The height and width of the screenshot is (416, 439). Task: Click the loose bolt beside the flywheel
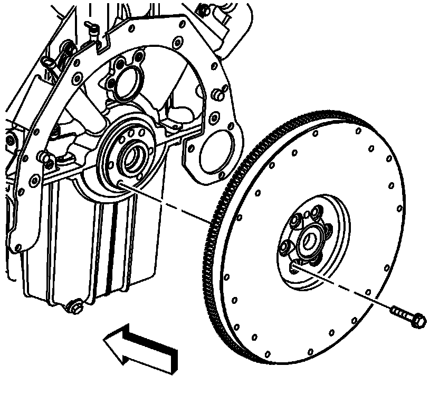point(409,316)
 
